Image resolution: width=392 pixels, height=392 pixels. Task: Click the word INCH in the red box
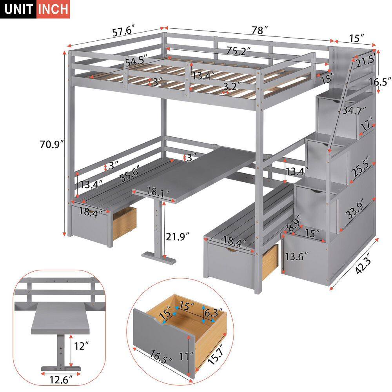pyautogui.click(x=53, y=9)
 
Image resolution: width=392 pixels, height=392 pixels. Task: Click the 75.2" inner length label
pyautogui.click(x=238, y=51)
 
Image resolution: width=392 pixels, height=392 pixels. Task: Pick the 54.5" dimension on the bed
pyautogui.click(x=136, y=62)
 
